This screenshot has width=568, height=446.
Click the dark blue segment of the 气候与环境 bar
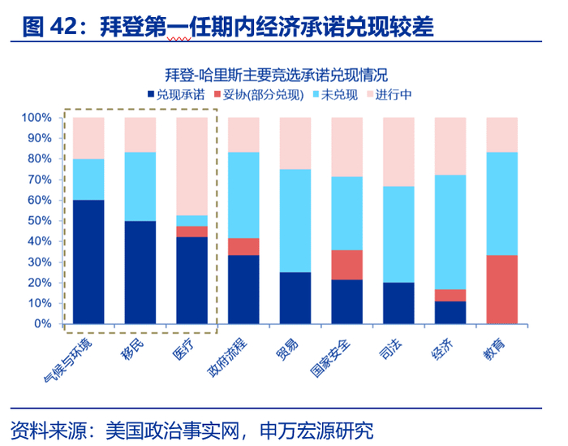pos(88,262)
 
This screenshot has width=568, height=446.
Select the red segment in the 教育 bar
pos(501,289)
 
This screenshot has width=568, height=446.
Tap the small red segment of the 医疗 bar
pos(191,232)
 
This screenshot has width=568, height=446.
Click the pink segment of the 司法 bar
pos(398,152)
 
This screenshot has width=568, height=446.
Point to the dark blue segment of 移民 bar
pos(140,272)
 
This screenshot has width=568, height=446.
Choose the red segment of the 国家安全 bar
pos(346,265)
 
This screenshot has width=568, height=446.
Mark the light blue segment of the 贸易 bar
pos(295,220)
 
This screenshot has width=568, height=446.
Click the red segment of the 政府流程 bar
pos(243,246)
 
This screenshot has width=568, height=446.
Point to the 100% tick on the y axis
pos(36,118)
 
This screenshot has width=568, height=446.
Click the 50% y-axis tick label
pos(38,221)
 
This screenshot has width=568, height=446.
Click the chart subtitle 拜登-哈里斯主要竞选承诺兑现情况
pos(283,75)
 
